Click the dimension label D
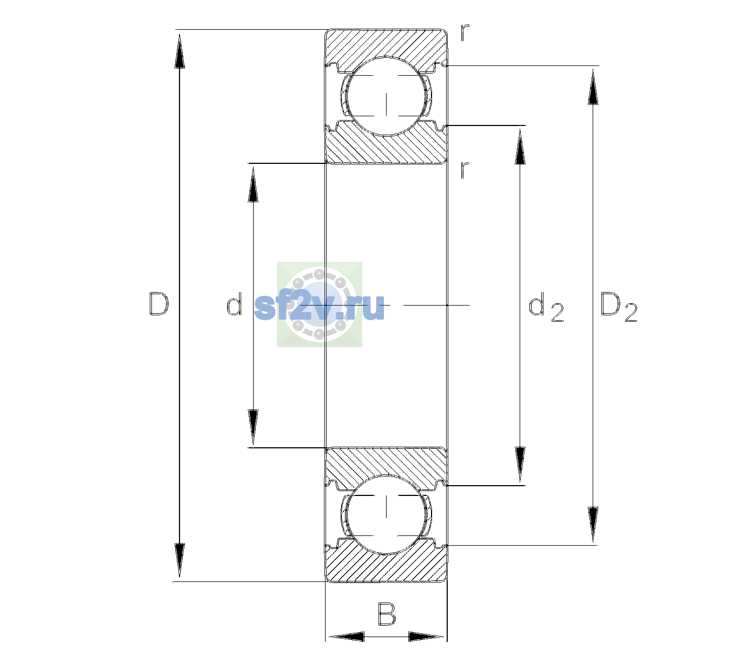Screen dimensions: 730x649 pyautogui.click(x=158, y=304)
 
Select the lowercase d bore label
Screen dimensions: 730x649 pyautogui.click(x=234, y=304)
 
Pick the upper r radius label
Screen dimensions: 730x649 pyautogui.click(x=465, y=32)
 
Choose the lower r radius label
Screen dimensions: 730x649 pyautogui.click(x=465, y=170)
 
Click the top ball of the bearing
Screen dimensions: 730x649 pyautogui.click(x=386, y=96)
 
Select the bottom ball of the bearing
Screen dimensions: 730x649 pyautogui.click(x=386, y=514)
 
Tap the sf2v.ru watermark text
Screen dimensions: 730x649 pyautogui.click(x=319, y=306)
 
